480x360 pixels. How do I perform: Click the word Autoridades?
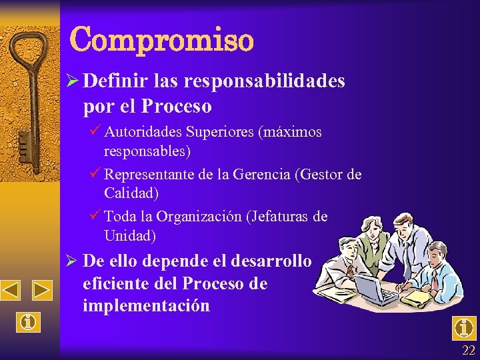point(142,132)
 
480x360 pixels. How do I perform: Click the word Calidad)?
point(131,193)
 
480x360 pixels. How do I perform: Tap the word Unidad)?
point(130,235)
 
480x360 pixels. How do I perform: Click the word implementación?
point(146,306)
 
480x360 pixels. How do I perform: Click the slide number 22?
point(469,351)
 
